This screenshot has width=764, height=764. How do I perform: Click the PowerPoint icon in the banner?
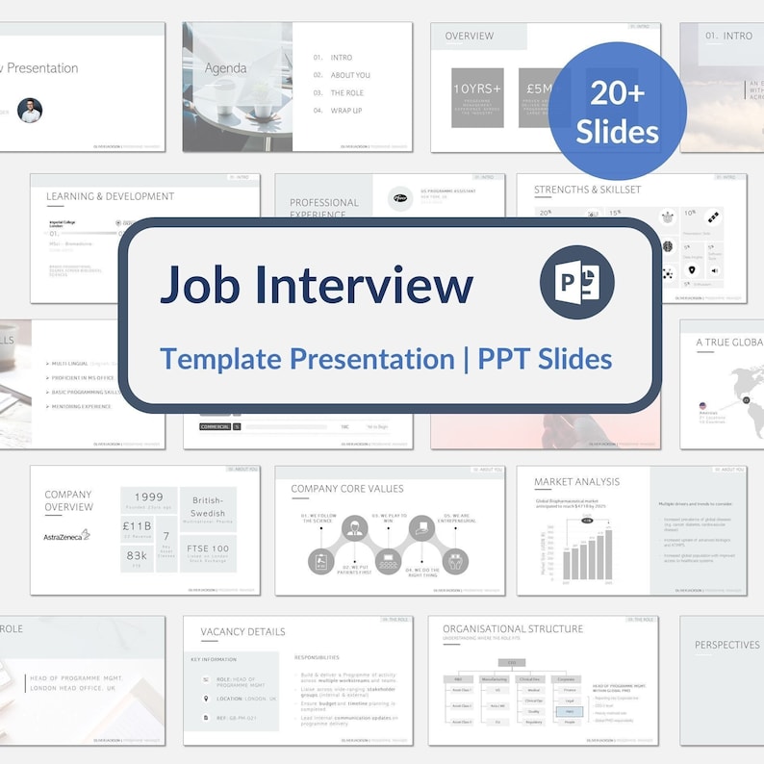click(x=576, y=282)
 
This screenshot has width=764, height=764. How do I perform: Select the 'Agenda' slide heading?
click(x=225, y=68)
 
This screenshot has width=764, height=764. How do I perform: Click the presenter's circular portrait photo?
click(x=30, y=110)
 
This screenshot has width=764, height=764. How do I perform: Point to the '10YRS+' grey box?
click(x=476, y=97)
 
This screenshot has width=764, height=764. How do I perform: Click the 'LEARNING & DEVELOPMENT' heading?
click(x=111, y=196)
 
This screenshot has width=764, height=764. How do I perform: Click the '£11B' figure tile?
click(x=137, y=527)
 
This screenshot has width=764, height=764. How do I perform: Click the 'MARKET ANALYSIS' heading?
click(x=577, y=481)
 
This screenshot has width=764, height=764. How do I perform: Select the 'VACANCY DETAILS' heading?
click(x=242, y=632)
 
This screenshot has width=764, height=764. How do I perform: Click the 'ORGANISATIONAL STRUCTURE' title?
click(x=513, y=629)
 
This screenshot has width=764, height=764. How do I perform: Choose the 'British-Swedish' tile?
click(x=207, y=507)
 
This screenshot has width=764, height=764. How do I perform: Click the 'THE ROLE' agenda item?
click(x=346, y=93)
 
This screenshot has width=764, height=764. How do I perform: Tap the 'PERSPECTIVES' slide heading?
click(x=727, y=646)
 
